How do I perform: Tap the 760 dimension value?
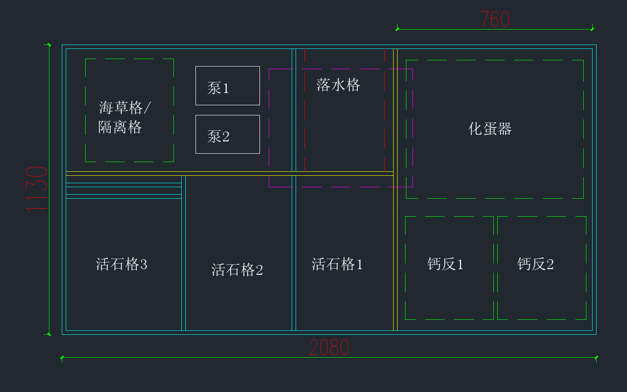point(495,19)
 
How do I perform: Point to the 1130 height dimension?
point(36,190)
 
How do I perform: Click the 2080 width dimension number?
point(329,348)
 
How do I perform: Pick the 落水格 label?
point(338,85)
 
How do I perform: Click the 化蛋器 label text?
point(490,129)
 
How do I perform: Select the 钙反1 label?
point(445,264)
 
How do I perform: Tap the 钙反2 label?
point(535,264)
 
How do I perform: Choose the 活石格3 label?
point(121,264)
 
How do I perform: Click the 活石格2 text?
point(237,270)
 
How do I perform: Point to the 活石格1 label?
point(337,264)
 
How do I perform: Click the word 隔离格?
point(120,127)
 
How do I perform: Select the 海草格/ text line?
point(125,107)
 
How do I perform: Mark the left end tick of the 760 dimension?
point(397,29)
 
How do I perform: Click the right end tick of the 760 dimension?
point(592,29)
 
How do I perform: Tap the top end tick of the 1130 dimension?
point(49,44)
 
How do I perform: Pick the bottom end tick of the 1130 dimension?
point(49,334)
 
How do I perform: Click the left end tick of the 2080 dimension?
point(62,357)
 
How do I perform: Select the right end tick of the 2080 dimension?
point(596,357)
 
